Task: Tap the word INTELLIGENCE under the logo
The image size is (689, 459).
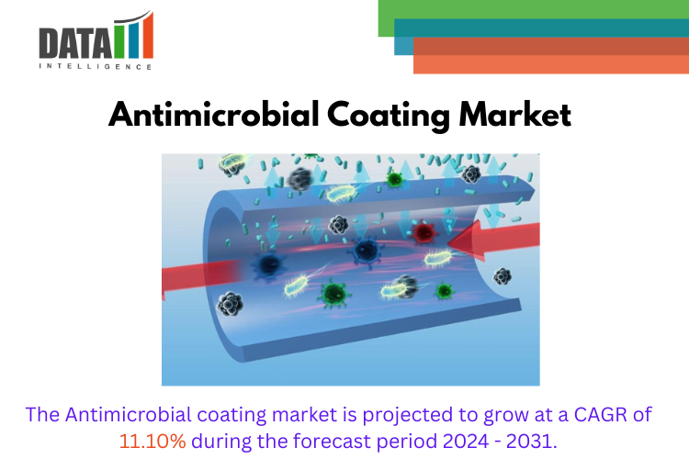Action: [95, 67]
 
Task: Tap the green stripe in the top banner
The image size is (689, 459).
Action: [533, 9]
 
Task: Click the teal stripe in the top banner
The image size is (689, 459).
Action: [542, 28]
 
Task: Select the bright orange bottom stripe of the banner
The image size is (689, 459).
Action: [551, 64]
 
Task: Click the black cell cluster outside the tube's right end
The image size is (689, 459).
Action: [503, 275]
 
